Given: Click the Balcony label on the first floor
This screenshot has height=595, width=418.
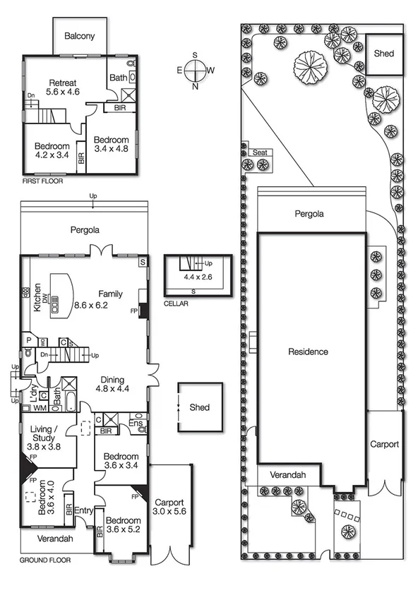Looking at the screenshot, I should point(80,36).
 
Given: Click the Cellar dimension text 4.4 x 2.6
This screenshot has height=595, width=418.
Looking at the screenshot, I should point(198,277).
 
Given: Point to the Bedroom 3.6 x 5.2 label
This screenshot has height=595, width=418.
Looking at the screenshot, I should point(123,526).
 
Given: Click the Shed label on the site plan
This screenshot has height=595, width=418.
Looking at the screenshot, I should point(384,54).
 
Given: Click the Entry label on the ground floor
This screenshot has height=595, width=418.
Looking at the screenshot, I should point(83,511).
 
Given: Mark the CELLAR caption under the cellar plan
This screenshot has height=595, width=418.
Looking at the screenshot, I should point(176,304).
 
